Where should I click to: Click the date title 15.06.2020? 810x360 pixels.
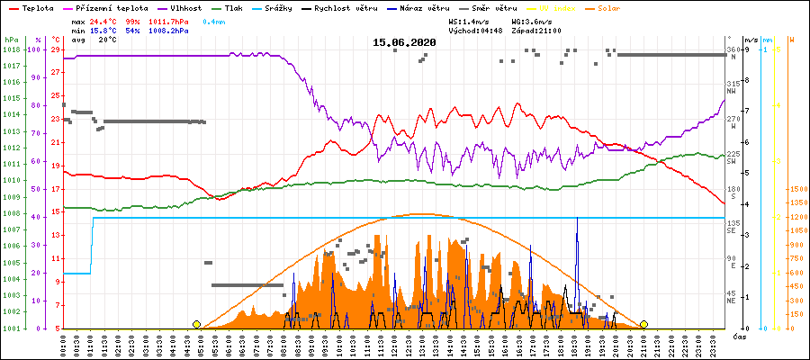[404, 42]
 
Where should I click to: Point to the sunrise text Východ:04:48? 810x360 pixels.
[474, 30]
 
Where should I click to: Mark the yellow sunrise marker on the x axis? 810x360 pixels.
[196, 324]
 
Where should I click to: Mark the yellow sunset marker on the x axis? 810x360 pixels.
[643, 324]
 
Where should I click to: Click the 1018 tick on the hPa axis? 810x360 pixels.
[11, 49]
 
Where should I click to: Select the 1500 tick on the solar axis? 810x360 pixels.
[797, 189]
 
